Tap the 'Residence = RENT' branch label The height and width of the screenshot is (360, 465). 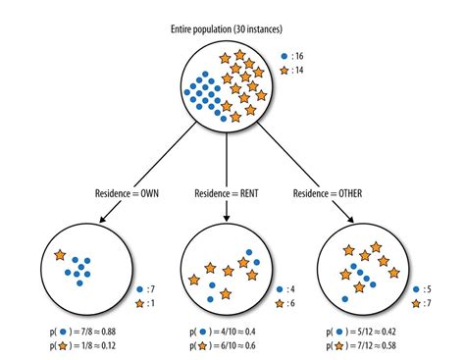(x=227, y=192)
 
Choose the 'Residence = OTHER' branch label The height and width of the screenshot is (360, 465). (x=327, y=192)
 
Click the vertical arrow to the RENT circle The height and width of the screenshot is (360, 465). (x=227, y=162)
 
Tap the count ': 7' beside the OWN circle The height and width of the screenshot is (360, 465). (x=148, y=289)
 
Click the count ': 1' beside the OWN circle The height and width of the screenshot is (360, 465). (x=148, y=303)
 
